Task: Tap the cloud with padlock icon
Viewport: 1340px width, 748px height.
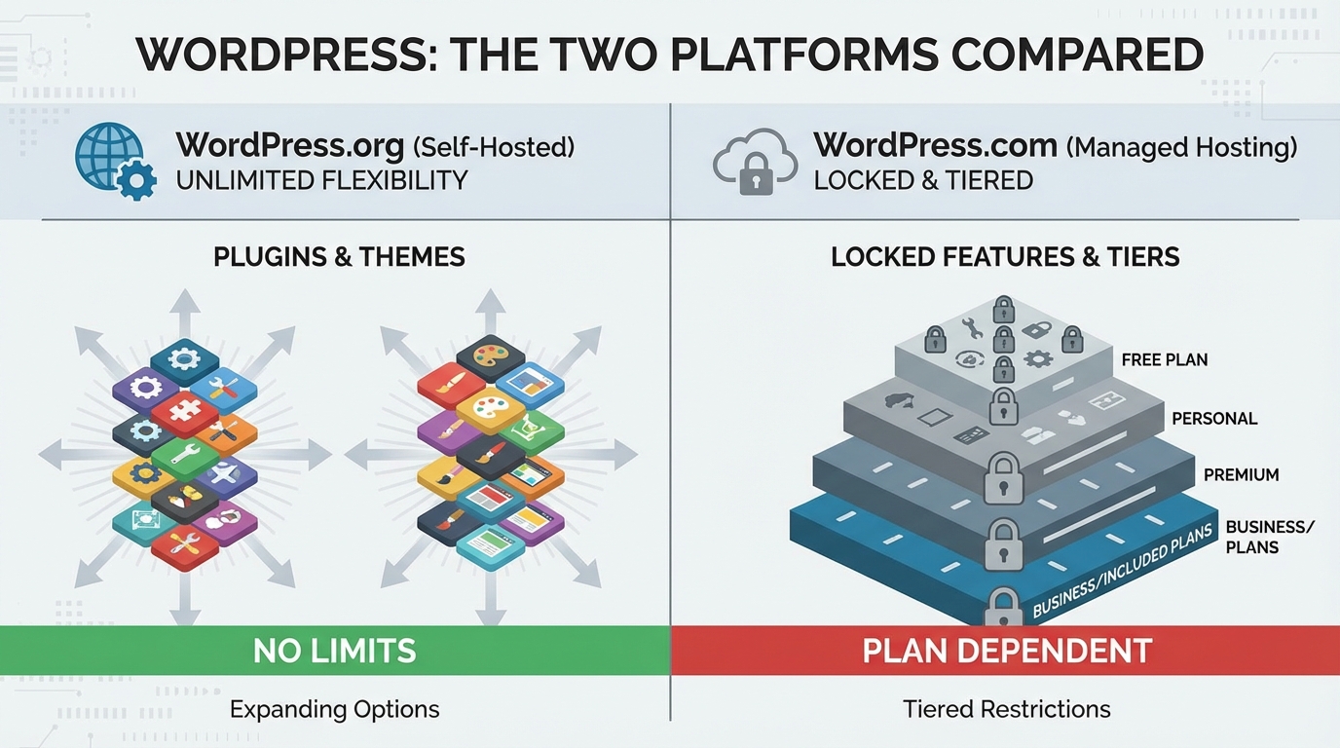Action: pyautogui.click(x=756, y=162)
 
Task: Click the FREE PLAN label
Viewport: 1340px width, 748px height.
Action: pyautogui.click(x=1164, y=359)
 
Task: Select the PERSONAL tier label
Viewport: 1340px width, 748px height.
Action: pyautogui.click(x=1214, y=419)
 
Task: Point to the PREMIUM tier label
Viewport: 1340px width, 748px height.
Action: pyautogui.click(x=1241, y=475)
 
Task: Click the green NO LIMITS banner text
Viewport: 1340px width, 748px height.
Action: pyautogui.click(x=334, y=651)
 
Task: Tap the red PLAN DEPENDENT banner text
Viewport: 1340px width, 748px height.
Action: pyautogui.click(x=1007, y=651)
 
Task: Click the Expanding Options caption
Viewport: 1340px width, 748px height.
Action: pyautogui.click(x=334, y=709)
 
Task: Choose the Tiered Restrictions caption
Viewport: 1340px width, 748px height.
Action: pyautogui.click(x=1006, y=709)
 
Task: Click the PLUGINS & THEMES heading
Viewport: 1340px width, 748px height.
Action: pyautogui.click(x=339, y=257)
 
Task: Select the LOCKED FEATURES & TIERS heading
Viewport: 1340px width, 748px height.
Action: pyautogui.click(x=1005, y=257)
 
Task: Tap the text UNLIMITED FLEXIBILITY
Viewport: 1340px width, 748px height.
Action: pyautogui.click(x=321, y=180)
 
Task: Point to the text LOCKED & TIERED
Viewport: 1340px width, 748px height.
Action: pyautogui.click(x=923, y=180)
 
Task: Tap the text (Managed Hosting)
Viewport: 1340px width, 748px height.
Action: pyautogui.click(x=1181, y=148)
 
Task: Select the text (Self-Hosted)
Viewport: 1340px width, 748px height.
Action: pyautogui.click(x=493, y=148)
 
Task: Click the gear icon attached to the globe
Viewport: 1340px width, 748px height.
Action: pyautogui.click(x=134, y=180)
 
